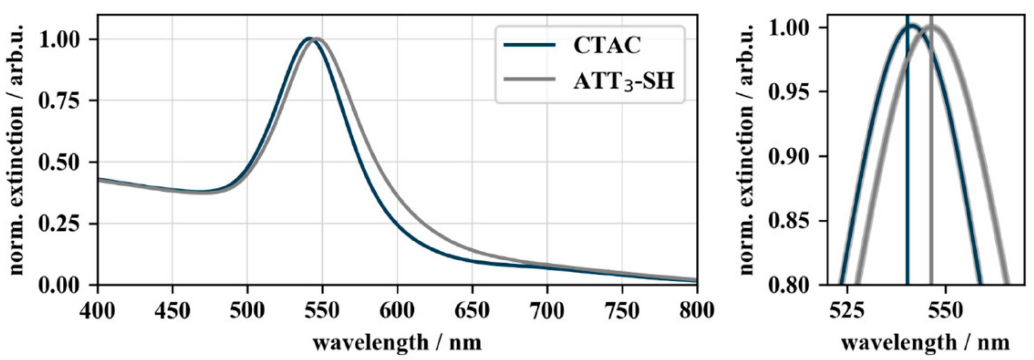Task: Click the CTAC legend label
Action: coord(607,45)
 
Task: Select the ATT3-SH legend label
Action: coord(624,81)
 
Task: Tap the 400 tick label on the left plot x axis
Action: coord(97,310)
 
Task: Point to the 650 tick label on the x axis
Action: coord(472,310)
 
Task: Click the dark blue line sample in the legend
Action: coord(529,45)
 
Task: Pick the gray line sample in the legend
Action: coord(529,79)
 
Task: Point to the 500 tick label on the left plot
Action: coord(247,310)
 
